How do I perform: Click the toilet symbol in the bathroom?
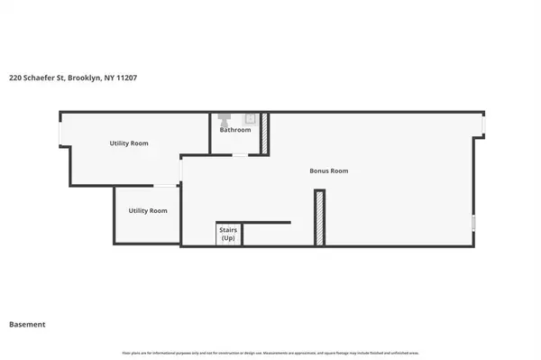click(x=229, y=118)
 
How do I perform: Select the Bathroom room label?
click(x=235, y=130)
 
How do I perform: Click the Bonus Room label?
click(x=328, y=171)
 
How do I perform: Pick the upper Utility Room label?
click(x=128, y=143)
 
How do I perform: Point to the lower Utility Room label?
click(x=148, y=210)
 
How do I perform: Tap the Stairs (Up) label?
click(x=228, y=235)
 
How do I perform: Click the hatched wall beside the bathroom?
click(x=265, y=133)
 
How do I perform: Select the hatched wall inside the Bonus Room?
click(x=318, y=217)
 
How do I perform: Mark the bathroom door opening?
click(x=240, y=155)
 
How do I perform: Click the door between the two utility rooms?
click(x=165, y=186)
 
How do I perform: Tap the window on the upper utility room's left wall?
click(x=60, y=133)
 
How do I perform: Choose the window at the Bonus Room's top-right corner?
click(x=482, y=124)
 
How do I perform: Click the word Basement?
click(x=27, y=324)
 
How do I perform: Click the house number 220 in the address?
click(x=16, y=78)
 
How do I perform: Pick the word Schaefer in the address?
click(x=42, y=78)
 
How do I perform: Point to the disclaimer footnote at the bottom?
click(x=270, y=352)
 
